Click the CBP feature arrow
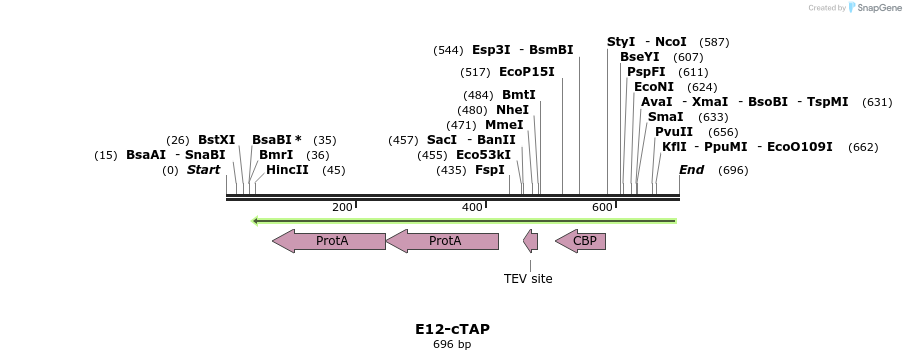coord(581,241)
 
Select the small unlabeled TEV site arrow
coord(531,241)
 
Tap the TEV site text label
coord(528,279)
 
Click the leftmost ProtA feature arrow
coord(329,241)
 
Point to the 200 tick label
coord(342,207)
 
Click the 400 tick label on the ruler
coord(472,207)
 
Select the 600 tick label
coord(602,207)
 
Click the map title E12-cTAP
coord(452,329)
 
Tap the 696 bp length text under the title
coord(452,345)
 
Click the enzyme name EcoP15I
coord(526,72)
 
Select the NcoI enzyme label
coord(670,42)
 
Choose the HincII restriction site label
coord(287,170)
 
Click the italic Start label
coord(203,170)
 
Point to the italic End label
coord(691,170)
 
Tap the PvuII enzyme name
coord(674,132)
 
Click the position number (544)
coord(448,50)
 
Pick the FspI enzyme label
coord(489,170)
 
